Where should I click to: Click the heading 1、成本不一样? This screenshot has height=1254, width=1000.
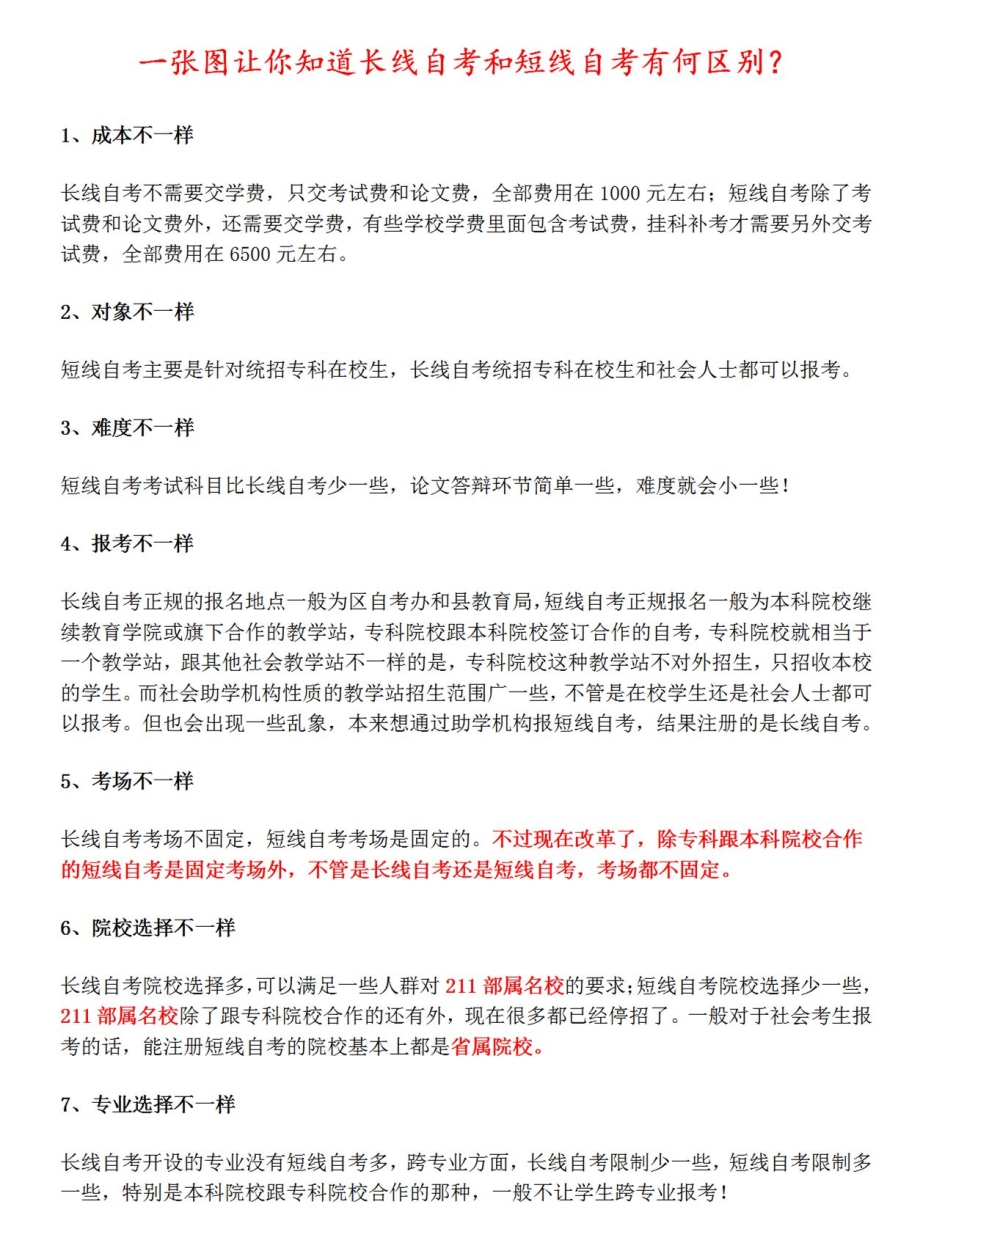point(127,136)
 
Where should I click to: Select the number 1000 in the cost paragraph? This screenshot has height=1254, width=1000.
point(620,193)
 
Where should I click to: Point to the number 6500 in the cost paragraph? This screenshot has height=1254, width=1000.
point(250,254)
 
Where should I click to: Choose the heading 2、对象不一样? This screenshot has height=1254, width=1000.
point(127,312)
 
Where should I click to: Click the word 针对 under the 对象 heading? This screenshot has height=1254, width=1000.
point(225,370)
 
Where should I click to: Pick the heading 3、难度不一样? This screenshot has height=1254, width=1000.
point(127,428)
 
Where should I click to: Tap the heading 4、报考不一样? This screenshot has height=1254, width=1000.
point(127,544)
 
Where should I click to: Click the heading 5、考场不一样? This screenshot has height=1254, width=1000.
point(127,781)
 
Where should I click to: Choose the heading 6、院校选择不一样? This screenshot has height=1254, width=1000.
point(148,928)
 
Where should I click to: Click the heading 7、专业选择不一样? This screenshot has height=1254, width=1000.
point(148,1105)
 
